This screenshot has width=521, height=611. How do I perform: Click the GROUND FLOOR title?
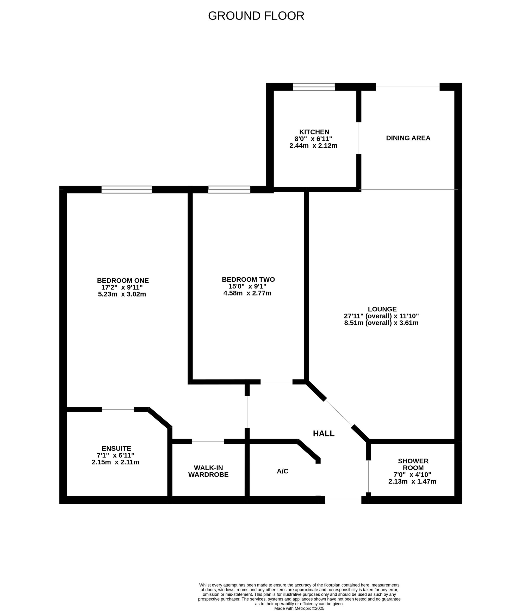pos(256,16)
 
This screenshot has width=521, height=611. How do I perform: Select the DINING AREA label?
pos(408,138)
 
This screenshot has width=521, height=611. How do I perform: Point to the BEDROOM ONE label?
pos(123,280)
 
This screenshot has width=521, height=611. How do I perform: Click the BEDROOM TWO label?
pos(248,279)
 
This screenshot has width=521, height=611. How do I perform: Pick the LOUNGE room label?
pos(382,309)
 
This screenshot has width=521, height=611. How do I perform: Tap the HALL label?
pos(324,434)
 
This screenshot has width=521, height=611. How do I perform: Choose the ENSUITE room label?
pos(116,448)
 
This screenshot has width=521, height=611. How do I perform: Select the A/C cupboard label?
pos(282,471)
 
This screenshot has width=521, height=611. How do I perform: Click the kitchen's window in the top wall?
pos(314,87)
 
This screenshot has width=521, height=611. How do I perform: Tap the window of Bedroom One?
pos(127,190)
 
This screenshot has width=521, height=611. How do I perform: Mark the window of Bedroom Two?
pos(229,190)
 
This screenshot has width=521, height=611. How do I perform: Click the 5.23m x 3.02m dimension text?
pos(122,294)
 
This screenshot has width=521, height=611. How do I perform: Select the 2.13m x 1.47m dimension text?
pos(412,482)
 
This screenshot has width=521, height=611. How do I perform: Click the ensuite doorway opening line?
pos(118,409)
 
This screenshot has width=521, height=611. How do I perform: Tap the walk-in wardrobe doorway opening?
pos(208,441)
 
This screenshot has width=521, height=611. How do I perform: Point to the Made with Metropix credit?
pos(299,608)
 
